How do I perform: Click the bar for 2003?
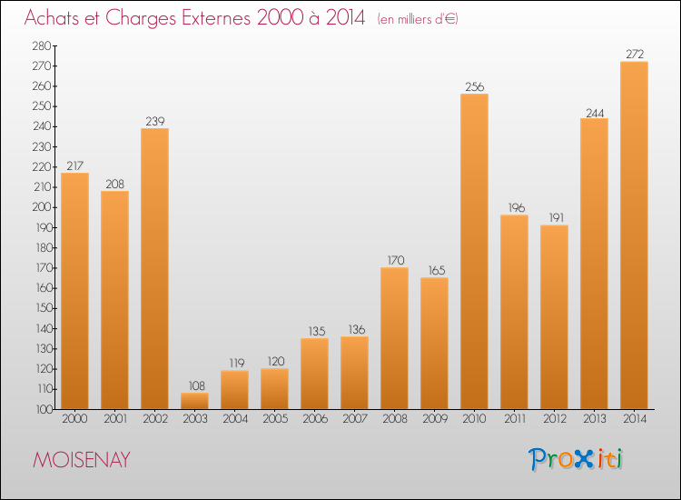tap(194, 401)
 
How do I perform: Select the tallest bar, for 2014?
tap(634, 235)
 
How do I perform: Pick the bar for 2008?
tap(394, 338)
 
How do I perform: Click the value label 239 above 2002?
tap(154, 121)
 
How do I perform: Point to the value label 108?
tap(194, 385)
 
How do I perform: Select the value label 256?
tap(474, 87)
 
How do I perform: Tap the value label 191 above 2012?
tap(554, 218)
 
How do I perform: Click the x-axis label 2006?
tap(314, 419)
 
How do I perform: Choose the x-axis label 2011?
tap(514, 419)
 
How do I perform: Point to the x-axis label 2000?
tap(74, 419)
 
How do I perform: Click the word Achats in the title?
tap(52, 18)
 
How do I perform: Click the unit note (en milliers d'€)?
tap(418, 19)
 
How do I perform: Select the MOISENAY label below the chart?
tap(81, 460)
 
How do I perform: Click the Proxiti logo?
tap(577, 459)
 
